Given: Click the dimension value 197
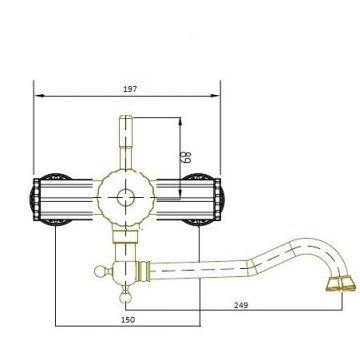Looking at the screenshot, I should click(x=127, y=89).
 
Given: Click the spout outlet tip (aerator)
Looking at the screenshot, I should click(x=339, y=286).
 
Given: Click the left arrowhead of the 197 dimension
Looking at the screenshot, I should click(x=38, y=96).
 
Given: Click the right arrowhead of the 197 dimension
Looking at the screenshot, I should click(x=217, y=96).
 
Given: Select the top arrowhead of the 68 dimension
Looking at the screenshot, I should click(x=181, y=118).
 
